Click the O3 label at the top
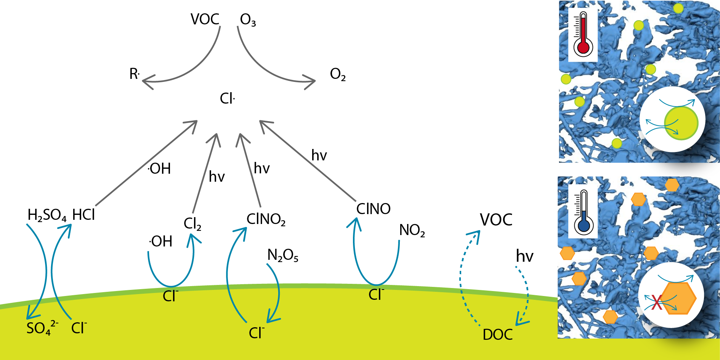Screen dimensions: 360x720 248,20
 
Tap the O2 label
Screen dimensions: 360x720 338,74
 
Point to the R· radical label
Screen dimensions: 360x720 135,74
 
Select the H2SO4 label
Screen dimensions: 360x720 47,215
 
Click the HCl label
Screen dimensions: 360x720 83,215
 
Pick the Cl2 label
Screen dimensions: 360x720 192,224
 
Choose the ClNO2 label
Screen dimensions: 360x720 266,219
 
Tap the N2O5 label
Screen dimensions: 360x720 283,255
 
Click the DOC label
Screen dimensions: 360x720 497,334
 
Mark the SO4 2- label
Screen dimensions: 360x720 42,328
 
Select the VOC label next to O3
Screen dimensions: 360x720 205,19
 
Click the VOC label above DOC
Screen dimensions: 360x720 496,220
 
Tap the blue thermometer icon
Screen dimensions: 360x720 583,212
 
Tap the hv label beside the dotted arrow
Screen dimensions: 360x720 524,256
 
